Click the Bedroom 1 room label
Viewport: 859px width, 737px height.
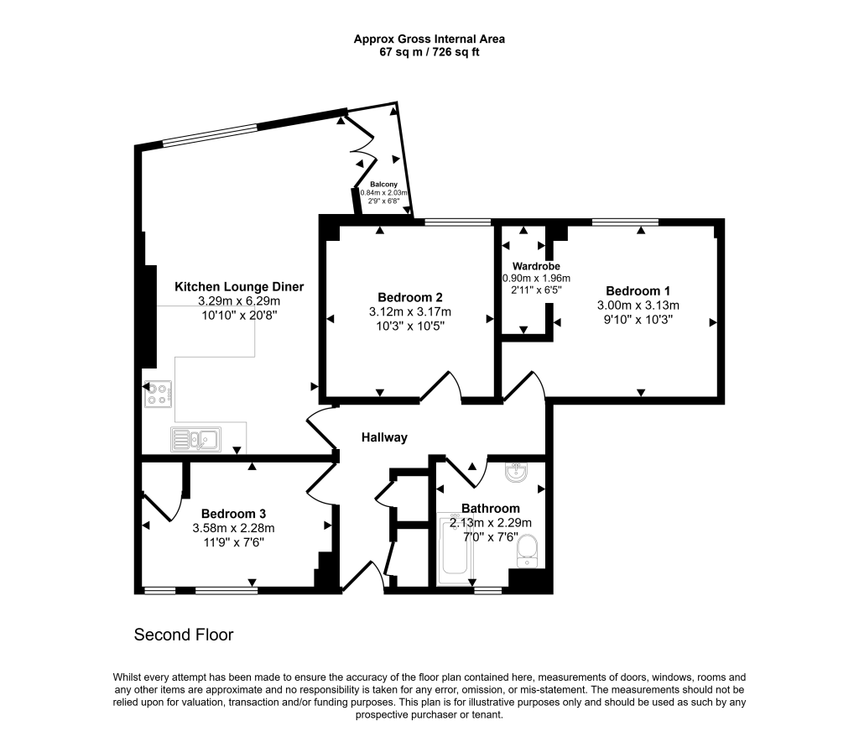[638, 291]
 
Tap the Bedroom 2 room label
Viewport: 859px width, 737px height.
[410, 297]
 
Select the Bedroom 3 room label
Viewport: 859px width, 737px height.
[233, 514]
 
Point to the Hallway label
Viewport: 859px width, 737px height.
[384, 437]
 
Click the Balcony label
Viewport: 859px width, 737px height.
[383, 184]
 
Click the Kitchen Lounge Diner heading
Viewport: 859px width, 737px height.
[239, 287]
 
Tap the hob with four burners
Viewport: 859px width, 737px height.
[159, 394]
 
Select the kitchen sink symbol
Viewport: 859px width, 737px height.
[194, 439]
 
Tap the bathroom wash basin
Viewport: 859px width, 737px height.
[517, 473]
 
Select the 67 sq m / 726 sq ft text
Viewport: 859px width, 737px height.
[429, 52]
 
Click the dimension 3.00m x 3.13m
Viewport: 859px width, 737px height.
[638, 306]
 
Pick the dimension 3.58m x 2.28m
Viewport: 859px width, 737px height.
[233, 528]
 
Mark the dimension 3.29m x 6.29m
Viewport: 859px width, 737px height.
[239, 301]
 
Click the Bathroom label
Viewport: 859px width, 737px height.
[491, 508]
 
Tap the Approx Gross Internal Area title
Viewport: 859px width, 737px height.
[429, 39]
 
